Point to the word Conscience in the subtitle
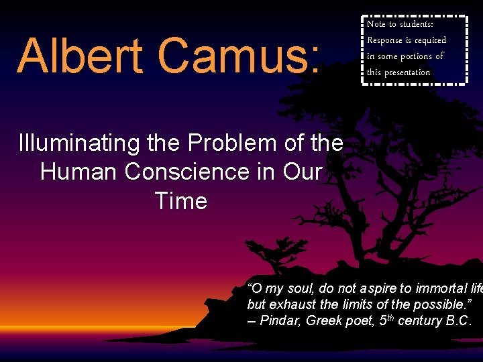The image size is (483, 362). (201, 172)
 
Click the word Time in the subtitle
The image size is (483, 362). (180, 200)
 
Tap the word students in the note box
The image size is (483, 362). (415, 24)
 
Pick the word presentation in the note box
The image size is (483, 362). (406, 72)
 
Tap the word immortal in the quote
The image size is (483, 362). (440, 289)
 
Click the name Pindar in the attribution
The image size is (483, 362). (280, 321)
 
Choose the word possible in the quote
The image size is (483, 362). (447, 305)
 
